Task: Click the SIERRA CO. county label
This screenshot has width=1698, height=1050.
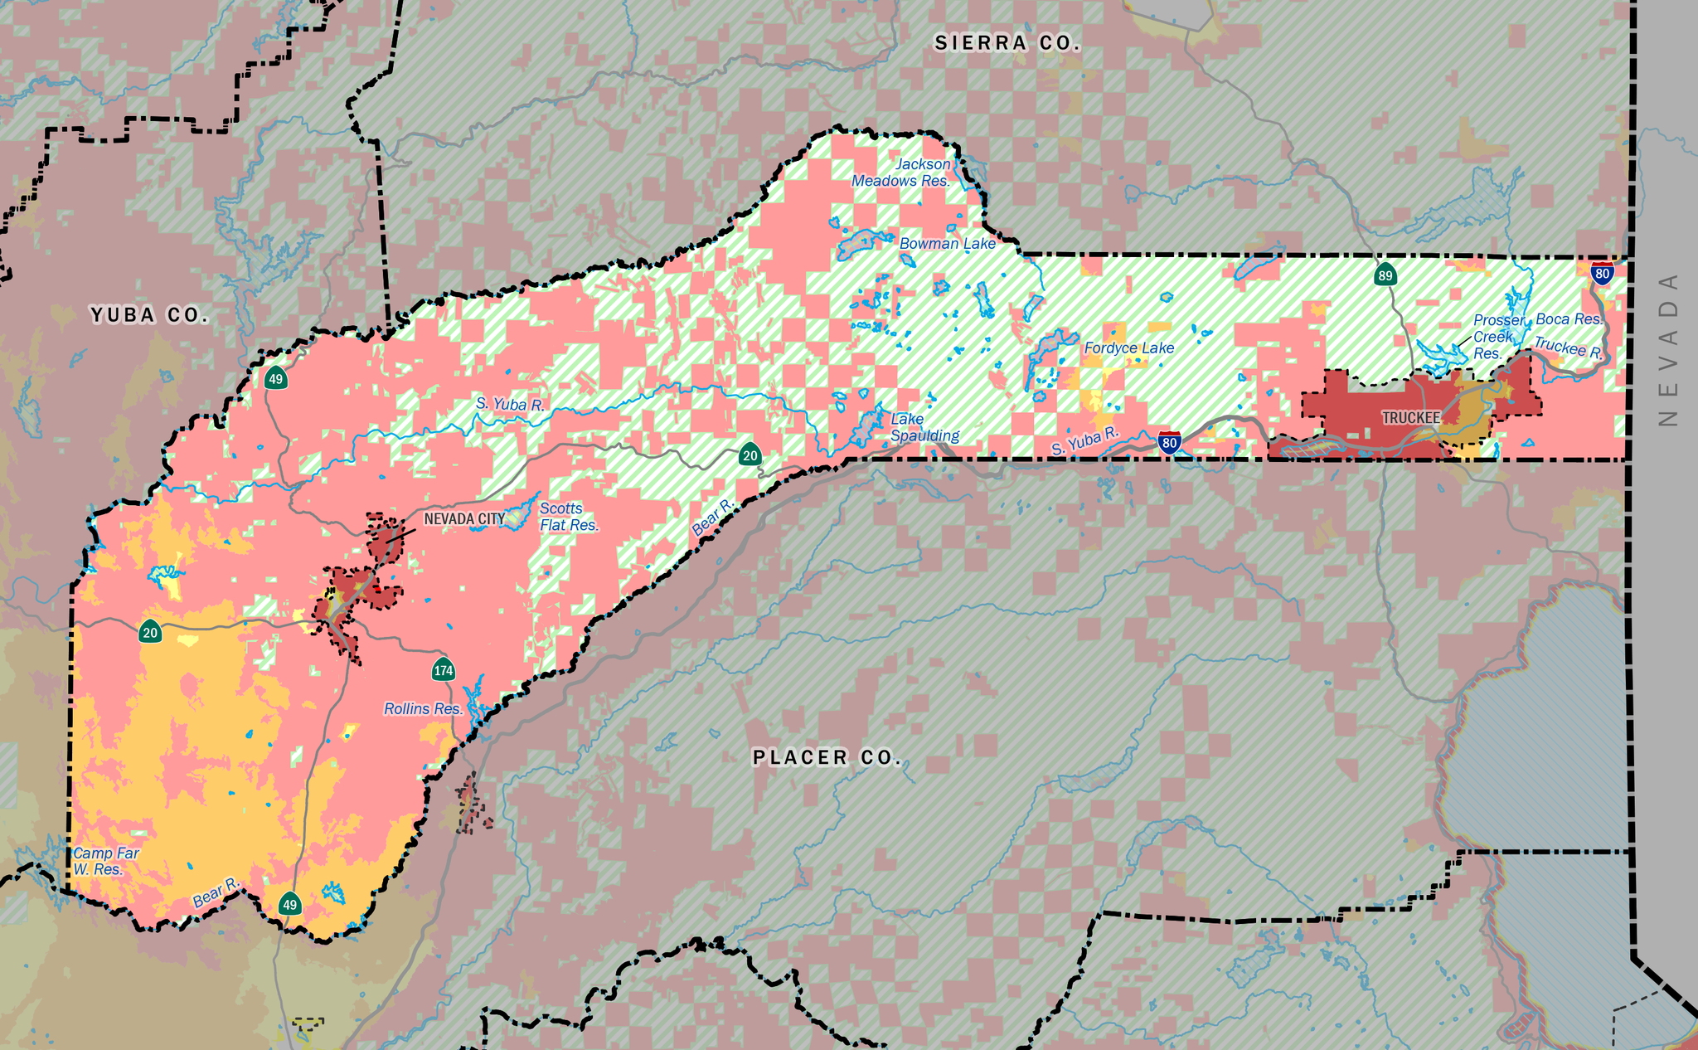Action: coord(1007,43)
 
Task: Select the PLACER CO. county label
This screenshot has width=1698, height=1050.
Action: coord(827,757)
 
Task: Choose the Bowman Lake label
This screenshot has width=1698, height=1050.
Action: coord(948,244)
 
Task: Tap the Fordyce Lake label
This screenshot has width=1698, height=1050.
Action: coord(1129,348)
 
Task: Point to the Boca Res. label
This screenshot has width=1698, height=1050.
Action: coord(1569,319)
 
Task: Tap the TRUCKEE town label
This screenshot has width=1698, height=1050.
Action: coord(1411,418)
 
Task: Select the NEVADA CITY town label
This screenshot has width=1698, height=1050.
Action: coord(464,519)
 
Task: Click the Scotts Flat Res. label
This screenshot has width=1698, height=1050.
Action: coord(569,517)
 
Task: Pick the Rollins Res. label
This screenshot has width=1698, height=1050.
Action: coord(423,709)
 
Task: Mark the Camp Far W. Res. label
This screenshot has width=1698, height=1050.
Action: coord(105,861)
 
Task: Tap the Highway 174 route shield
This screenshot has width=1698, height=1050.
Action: coord(444,669)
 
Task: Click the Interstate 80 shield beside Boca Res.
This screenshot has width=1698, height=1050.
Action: coord(1603,274)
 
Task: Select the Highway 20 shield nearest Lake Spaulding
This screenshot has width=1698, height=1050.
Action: coord(750,455)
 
